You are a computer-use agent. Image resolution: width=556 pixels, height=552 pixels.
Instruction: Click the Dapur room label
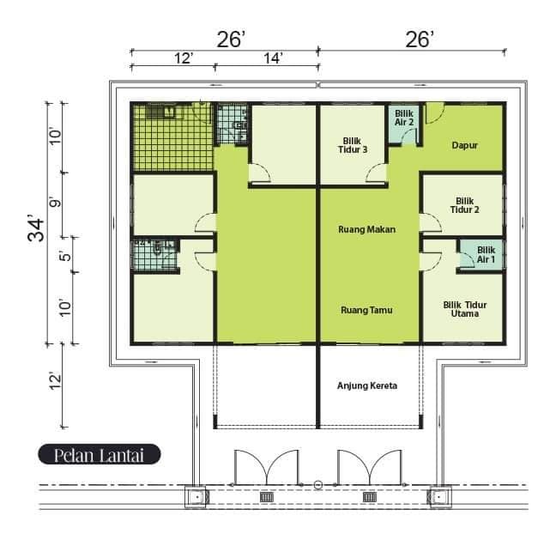click(x=464, y=145)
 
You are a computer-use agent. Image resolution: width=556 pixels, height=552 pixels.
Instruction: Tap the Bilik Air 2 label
click(x=404, y=118)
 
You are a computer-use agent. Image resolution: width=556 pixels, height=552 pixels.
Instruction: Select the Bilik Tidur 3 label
click(x=353, y=145)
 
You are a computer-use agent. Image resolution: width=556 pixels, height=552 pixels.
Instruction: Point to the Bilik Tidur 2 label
click(x=464, y=205)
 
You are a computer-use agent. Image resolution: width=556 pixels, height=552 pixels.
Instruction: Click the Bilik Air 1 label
click(x=486, y=255)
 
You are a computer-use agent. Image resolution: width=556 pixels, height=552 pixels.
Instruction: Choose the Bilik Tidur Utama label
click(x=465, y=309)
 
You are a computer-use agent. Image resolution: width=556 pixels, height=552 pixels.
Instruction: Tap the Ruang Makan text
click(x=366, y=229)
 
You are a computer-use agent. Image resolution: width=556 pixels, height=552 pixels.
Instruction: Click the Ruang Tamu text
click(x=366, y=311)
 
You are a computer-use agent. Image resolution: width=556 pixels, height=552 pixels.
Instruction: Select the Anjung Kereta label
click(x=367, y=386)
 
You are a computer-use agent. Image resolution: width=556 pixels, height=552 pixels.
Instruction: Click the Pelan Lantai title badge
click(x=100, y=454)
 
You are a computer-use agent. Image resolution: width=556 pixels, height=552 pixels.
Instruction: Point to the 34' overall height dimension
click(x=36, y=228)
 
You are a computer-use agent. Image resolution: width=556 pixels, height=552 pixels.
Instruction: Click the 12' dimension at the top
click(x=184, y=58)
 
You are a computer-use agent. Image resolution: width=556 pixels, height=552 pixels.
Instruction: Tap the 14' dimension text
click(x=273, y=58)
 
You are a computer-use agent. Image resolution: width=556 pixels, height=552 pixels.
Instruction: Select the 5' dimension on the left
click(x=65, y=256)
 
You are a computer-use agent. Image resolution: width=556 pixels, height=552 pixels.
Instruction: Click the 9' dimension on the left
click(x=55, y=203)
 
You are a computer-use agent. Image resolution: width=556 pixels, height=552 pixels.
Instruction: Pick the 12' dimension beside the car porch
click(x=56, y=381)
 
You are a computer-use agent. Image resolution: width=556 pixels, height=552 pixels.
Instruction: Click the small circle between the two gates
click(x=318, y=485)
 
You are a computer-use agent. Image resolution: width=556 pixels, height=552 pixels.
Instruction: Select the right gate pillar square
click(x=439, y=497)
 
